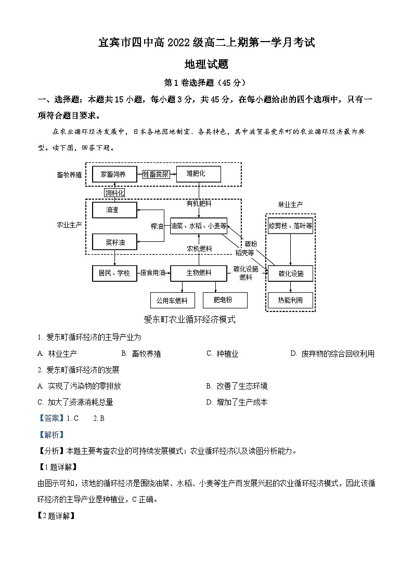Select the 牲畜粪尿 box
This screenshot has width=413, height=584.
(156, 174)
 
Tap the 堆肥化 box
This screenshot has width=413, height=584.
(199, 174)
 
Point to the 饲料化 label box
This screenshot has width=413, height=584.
(115, 193)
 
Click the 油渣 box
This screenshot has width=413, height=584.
(114, 210)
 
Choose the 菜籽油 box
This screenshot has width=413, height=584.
(114, 242)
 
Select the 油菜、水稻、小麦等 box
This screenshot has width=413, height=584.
(199, 226)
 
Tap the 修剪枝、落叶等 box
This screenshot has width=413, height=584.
(290, 226)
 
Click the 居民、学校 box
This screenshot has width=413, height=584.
(114, 272)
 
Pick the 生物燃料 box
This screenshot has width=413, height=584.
(199, 272)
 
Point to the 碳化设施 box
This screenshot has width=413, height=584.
(290, 274)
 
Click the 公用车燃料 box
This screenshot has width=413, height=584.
(172, 301)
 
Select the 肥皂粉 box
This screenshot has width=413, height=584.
(224, 300)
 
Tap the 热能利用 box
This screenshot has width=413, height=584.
(290, 300)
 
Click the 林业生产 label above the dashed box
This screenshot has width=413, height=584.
(290, 204)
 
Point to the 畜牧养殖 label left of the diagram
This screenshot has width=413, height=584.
(69, 175)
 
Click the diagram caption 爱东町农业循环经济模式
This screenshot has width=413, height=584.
(189, 320)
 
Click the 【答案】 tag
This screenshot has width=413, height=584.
(51, 418)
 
